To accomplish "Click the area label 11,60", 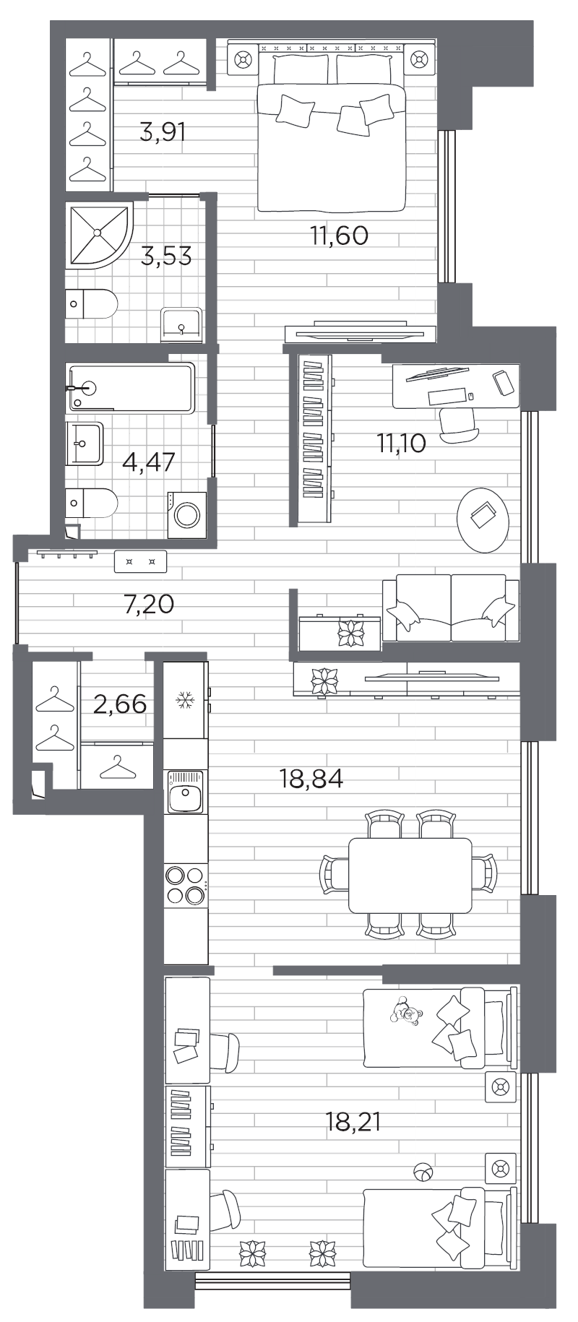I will (x=339, y=236).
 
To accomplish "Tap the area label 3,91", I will (x=163, y=132).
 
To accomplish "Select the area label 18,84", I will (x=311, y=778).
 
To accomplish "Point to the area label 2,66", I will (x=120, y=703).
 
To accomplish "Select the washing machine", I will (x=187, y=515).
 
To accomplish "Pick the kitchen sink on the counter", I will (x=185, y=792).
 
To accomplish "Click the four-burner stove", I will (x=185, y=885).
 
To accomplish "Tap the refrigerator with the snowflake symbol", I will (x=186, y=700).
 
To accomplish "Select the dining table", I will (x=410, y=875).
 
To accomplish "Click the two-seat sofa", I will (x=450, y=608).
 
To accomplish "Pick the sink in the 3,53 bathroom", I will (x=181, y=322).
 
